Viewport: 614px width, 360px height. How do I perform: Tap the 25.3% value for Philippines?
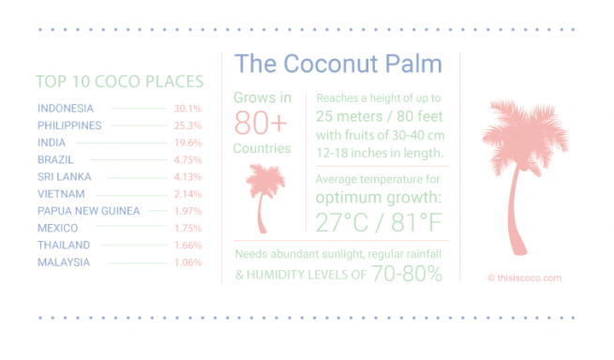[x=187, y=126]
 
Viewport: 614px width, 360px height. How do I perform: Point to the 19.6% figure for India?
[x=187, y=142]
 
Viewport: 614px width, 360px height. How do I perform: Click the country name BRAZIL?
[x=56, y=159]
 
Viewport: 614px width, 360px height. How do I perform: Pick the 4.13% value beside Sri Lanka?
[x=187, y=176]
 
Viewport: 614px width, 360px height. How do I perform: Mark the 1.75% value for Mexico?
[x=187, y=228]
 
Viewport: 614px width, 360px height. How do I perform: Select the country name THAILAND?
[x=64, y=245]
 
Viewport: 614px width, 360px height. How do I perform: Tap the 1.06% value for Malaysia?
[x=187, y=262]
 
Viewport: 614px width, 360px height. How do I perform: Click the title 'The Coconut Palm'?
[x=337, y=64]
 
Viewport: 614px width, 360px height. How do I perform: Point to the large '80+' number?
[x=262, y=123]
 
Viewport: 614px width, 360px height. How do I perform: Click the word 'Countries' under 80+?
[x=262, y=149]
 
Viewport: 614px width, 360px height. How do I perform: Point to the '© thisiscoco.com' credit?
[x=524, y=277]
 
